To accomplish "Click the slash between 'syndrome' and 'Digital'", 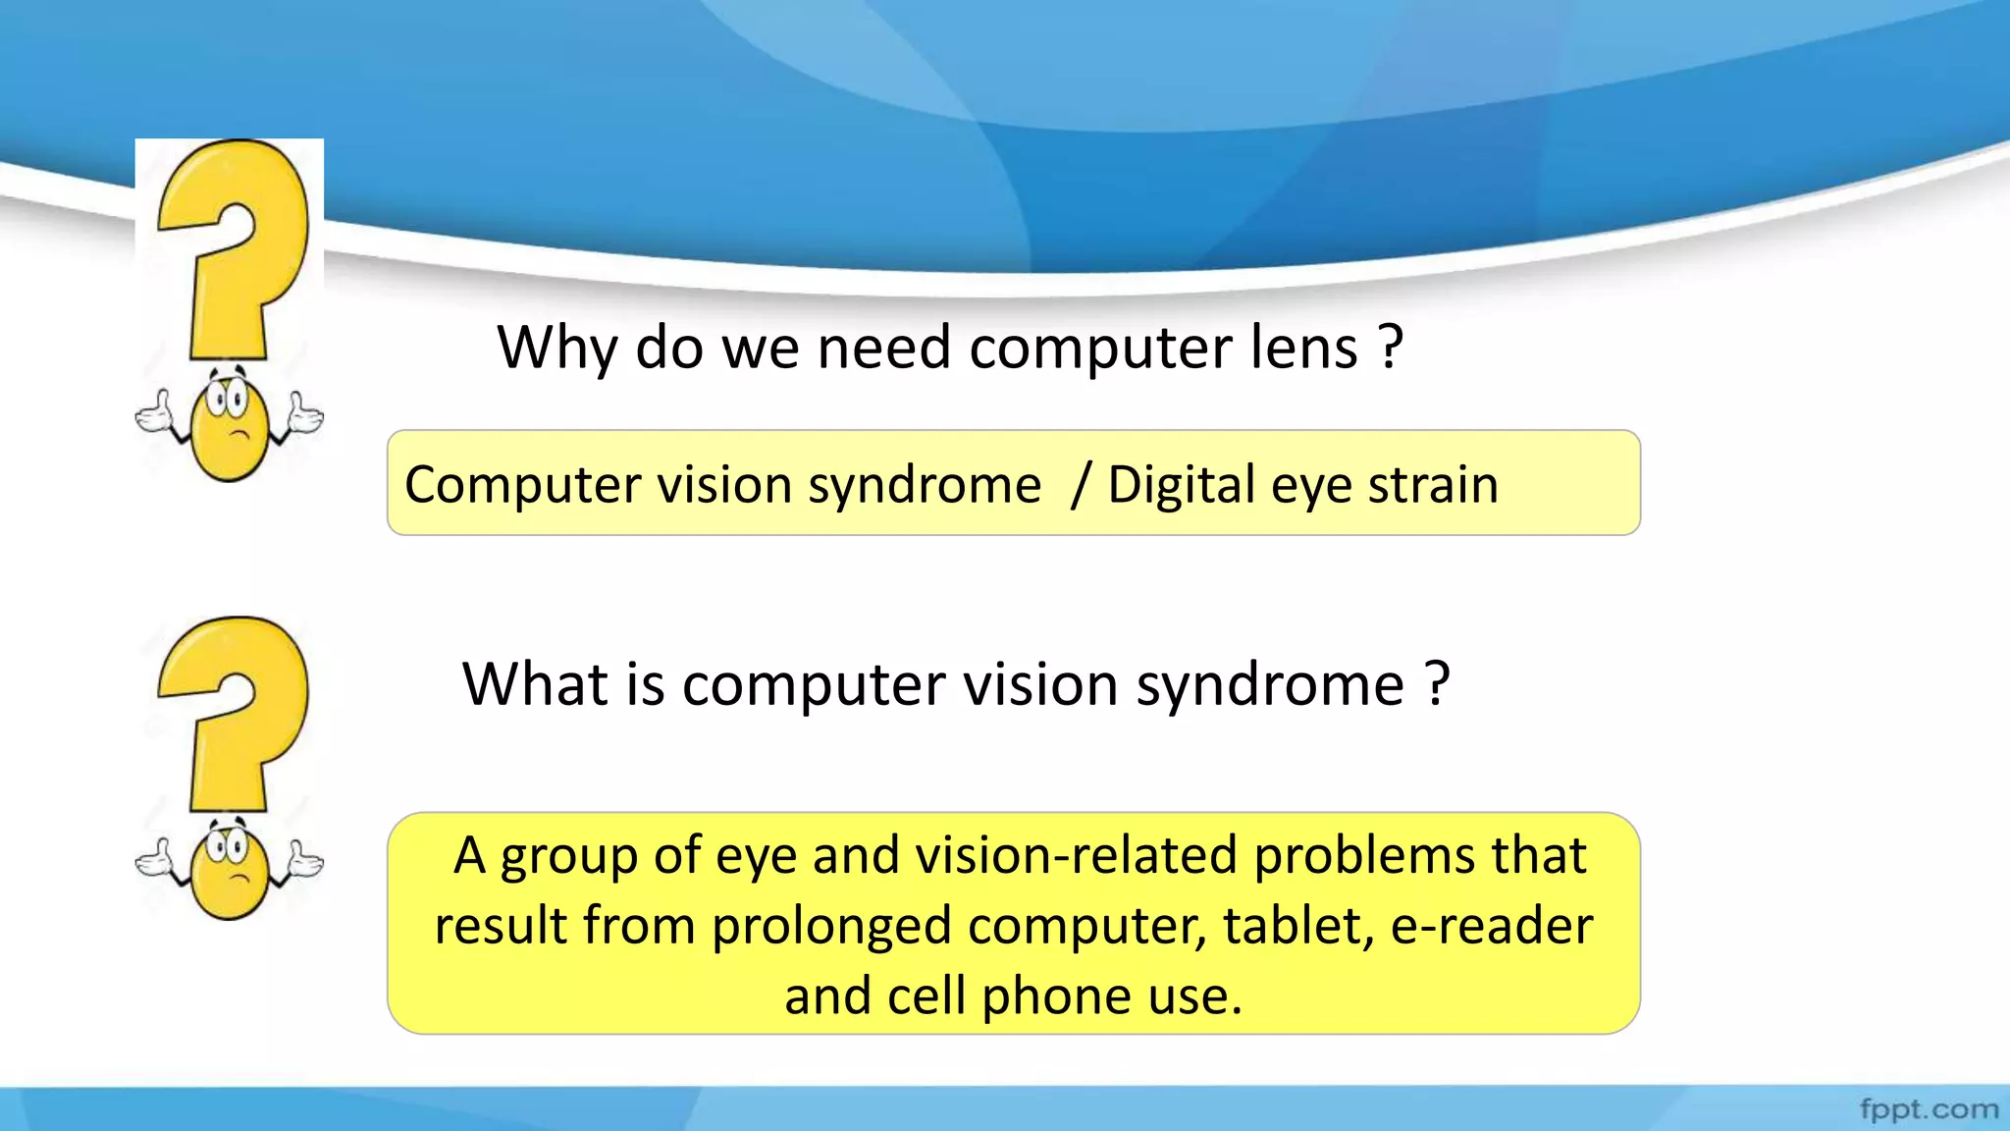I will click(x=1080, y=485).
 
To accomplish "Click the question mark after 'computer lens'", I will click(x=1390, y=348).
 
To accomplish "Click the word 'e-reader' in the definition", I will click(x=1492, y=926).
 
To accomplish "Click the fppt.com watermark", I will click(x=1929, y=1109).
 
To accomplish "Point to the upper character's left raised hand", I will click(x=154, y=414).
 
